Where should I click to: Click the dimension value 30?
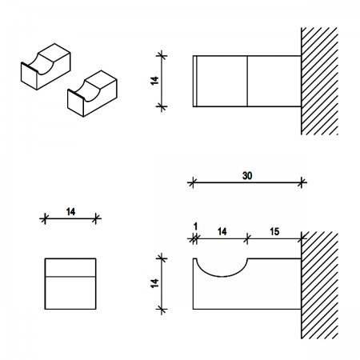click(x=247, y=176)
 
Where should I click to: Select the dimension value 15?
click(x=274, y=231)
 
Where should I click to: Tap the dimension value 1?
click(x=195, y=226)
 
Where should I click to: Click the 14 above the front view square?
click(x=70, y=212)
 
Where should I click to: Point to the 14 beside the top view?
click(x=154, y=81)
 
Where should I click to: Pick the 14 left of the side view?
click(x=154, y=283)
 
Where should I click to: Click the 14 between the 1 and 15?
click(x=222, y=231)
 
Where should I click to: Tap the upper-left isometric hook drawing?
click(x=46, y=66)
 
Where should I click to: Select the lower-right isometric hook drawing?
click(x=92, y=94)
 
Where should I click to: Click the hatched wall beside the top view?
click(x=319, y=81)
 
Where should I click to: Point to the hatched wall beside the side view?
click(x=319, y=285)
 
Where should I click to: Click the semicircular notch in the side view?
click(x=222, y=277)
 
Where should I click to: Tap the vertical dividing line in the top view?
click(x=247, y=81)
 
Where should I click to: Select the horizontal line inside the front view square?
click(x=70, y=277)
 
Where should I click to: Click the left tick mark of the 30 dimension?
click(x=193, y=182)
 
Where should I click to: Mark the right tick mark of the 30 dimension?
click(x=302, y=182)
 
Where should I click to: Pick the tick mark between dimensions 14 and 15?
click(x=247, y=238)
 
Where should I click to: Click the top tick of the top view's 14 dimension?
click(x=162, y=56)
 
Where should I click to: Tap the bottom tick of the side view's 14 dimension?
click(x=162, y=310)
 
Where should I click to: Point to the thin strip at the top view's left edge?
click(x=195, y=81)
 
